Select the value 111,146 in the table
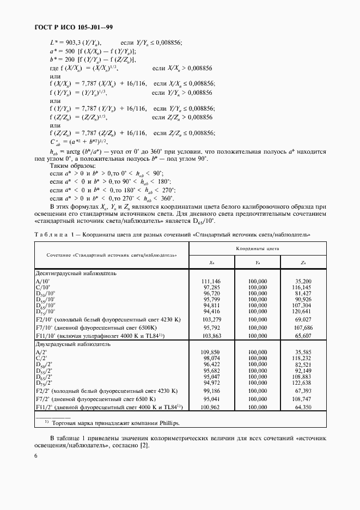[211, 281]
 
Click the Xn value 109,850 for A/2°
[211, 353]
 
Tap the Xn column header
[211, 263]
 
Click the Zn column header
[302, 263]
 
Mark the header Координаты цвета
[257, 248]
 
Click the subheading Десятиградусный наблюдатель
[76, 273]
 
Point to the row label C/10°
[43, 287]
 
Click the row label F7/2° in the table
[43, 399]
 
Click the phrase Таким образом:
[72, 165]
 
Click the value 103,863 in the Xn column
[211, 336]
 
